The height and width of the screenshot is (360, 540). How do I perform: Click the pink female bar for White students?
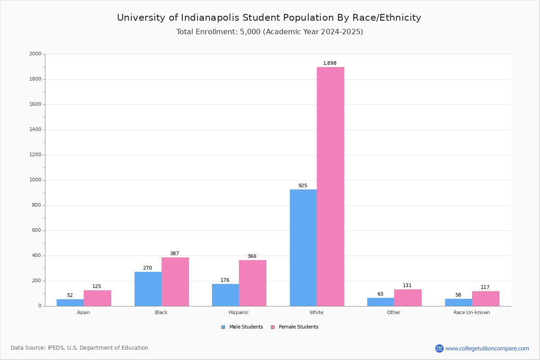click(x=330, y=186)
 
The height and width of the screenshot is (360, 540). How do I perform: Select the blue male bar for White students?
click(x=303, y=247)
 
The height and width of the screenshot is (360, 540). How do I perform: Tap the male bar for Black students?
click(x=148, y=289)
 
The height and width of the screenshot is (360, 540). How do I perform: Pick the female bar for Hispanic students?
click(x=252, y=283)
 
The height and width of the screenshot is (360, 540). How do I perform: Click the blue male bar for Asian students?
click(x=70, y=302)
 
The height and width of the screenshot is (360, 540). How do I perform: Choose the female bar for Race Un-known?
click(x=486, y=298)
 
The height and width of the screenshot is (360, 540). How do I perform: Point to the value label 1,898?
click(x=330, y=63)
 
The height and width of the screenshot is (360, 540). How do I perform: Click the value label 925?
click(x=302, y=186)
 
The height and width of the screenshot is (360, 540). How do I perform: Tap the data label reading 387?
click(x=175, y=254)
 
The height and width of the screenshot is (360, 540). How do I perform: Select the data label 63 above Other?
click(x=380, y=294)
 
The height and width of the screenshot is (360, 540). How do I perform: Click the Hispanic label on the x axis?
click(x=238, y=312)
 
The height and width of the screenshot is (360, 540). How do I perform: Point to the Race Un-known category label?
click(x=472, y=312)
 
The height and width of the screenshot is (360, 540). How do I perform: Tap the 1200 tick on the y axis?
click(x=35, y=155)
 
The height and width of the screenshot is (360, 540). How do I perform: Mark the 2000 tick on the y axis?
click(x=35, y=54)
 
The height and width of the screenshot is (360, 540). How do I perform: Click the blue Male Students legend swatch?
click(x=223, y=327)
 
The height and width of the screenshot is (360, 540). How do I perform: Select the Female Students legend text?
click(x=298, y=327)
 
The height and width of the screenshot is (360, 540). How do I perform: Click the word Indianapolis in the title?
click(x=211, y=18)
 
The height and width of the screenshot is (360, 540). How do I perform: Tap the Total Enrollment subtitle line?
click(x=270, y=32)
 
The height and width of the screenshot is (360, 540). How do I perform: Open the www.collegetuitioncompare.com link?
click(x=487, y=349)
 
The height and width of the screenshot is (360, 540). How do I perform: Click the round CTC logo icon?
click(x=439, y=349)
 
